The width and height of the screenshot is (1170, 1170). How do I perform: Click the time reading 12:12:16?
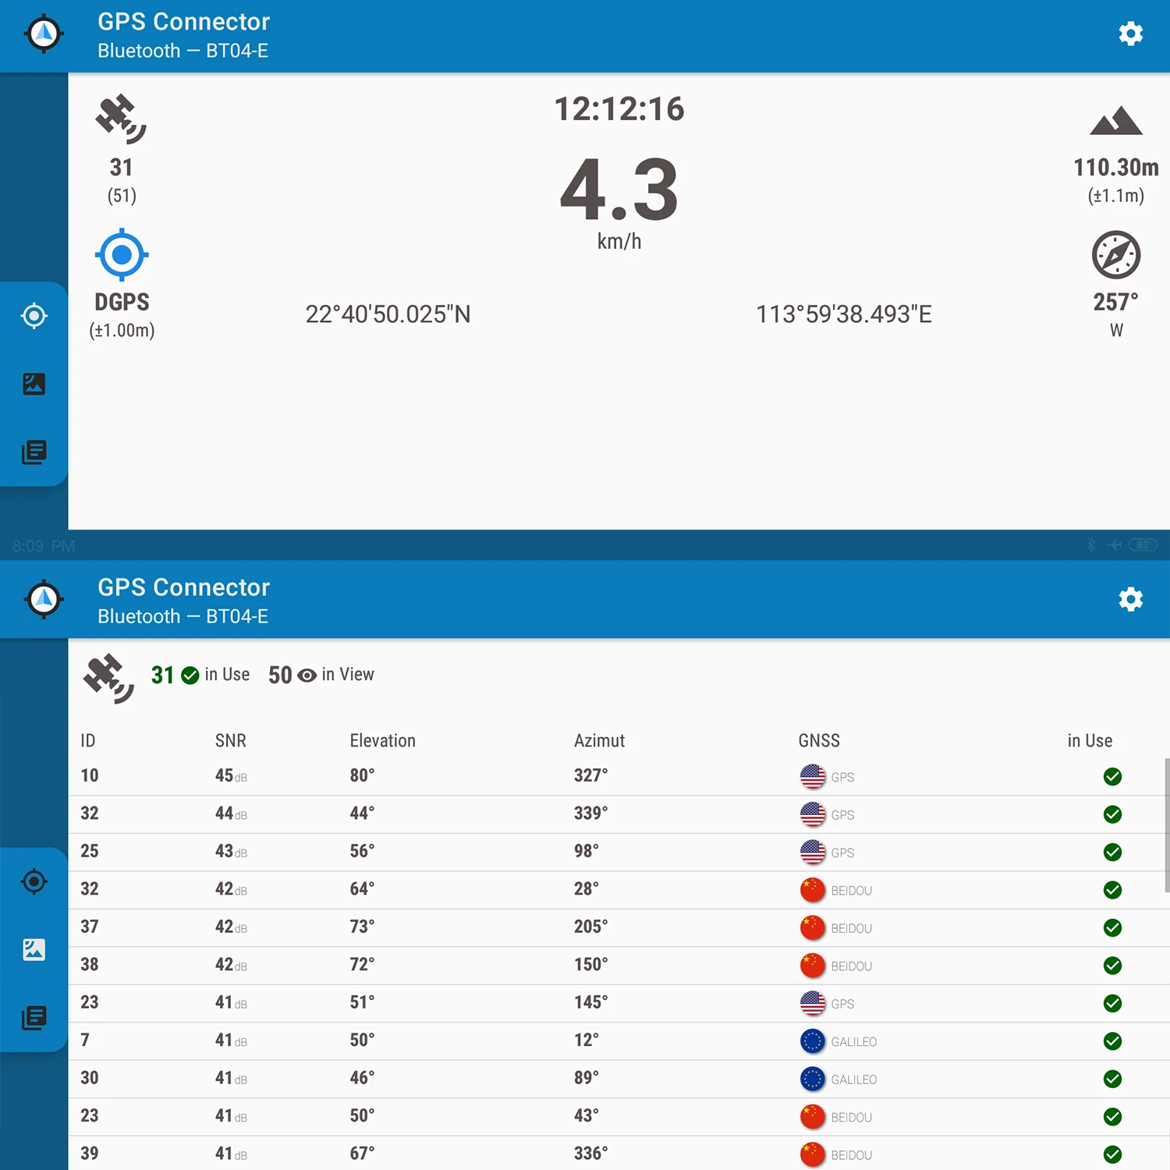619,109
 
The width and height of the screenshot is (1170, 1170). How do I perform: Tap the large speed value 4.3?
619,190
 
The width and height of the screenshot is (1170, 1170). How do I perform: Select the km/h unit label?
619,242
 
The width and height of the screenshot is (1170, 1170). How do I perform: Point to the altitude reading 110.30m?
1115,168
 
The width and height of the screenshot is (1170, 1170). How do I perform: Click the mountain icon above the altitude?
1116,122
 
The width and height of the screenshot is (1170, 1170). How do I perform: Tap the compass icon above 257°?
1116,255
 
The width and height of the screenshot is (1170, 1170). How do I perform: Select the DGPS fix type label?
122,302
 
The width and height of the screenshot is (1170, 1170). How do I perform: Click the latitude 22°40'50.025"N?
388,314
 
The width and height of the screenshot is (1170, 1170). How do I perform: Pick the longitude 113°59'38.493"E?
844,314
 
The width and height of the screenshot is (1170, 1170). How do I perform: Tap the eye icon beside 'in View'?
307,675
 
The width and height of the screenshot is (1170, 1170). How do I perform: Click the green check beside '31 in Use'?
190,675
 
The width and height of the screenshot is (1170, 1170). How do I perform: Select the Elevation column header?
382,741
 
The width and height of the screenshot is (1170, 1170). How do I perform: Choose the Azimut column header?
599,741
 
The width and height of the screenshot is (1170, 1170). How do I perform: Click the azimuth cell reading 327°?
590,775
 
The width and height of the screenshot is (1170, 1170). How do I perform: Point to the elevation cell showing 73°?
362,927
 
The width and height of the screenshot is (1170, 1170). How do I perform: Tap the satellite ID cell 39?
90,1154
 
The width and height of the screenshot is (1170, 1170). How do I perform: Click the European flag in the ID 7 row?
813,1041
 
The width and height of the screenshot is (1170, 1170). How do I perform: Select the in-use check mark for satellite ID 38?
1113,966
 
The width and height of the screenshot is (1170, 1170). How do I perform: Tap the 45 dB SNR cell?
230,776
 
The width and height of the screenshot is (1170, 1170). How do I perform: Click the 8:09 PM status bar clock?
44,546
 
